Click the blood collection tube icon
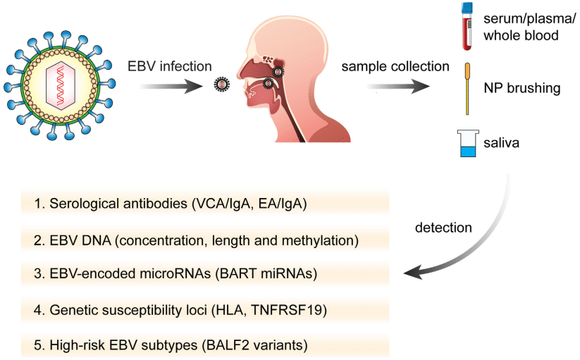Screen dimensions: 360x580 [x=467, y=30]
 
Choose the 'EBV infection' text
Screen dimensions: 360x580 [x=169, y=67]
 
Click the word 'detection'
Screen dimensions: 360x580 [x=443, y=228]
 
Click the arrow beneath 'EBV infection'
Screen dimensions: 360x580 [x=169, y=85]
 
